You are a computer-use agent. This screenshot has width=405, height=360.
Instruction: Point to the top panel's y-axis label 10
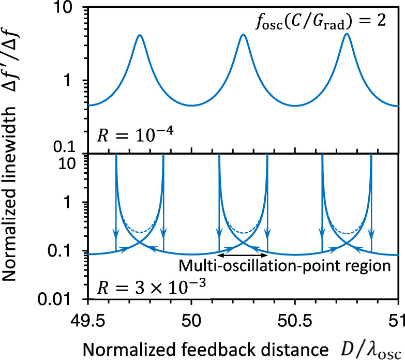72,11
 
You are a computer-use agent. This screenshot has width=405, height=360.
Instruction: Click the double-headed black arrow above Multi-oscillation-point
242,255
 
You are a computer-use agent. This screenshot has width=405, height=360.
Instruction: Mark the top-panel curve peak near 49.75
139,35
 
